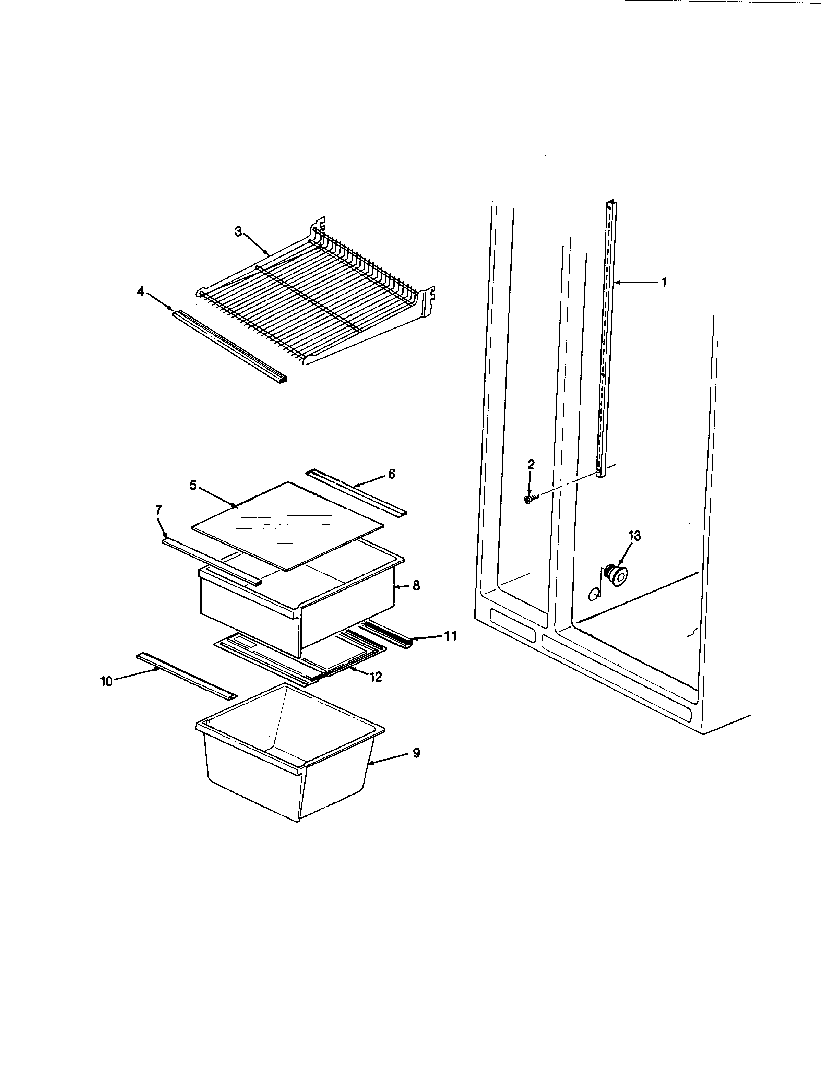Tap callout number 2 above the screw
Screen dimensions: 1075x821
531,465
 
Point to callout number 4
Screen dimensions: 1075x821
141,292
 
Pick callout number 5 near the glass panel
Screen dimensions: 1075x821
193,486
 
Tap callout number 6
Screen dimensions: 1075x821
391,474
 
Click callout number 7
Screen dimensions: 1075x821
158,511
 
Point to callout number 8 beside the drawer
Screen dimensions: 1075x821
416,585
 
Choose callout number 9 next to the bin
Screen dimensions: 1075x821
416,753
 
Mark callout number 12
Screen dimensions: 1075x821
375,677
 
